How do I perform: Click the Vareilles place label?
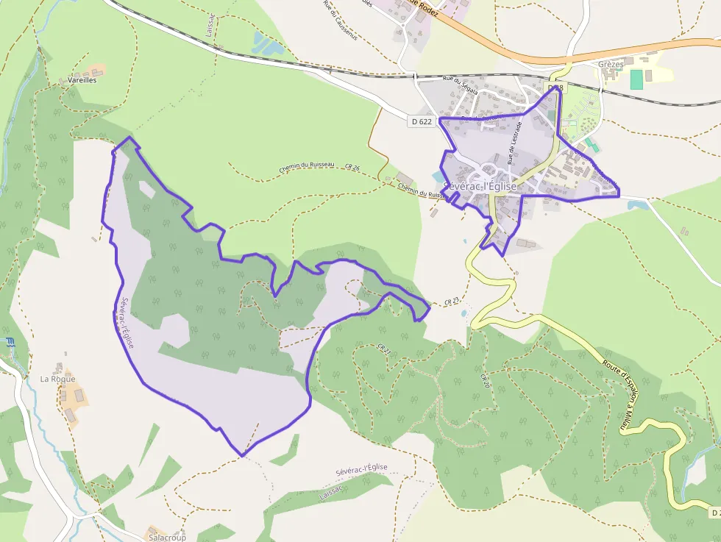pyautogui.click(x=82, y=79)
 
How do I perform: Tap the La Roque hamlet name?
pyautogui.click(x=57, y=379)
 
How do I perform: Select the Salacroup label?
pyautogui.click(x=167, y=538)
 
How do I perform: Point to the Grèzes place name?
pyautogui.click(x=611, y=65)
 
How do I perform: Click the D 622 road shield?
pyautogui.click(x=422, y=121)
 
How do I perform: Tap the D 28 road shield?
pyautogui.click(x=556, y=88)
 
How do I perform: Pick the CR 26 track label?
pyautogui.click(x=352, y=168)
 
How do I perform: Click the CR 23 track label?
pyautogui.click(x=452, y=301)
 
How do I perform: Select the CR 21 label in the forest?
pyautogui.click(x=383, y=349)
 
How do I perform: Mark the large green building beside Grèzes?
pyautogui.click(x=636, y=79)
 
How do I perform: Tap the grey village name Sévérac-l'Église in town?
pyautogui.click(x=482, y=187)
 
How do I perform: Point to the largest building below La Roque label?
pyautogui.click(x=77, y=398)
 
